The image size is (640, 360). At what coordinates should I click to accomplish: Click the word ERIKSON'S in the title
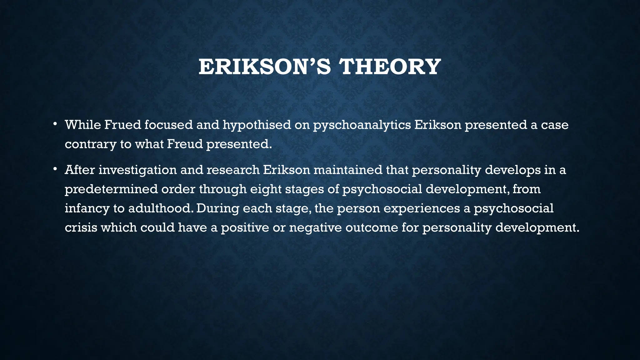point(264,67)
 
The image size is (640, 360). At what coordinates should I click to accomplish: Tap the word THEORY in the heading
point(390,67)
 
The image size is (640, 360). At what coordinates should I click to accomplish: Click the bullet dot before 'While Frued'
point(55,124)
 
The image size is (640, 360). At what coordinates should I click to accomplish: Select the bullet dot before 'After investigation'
point(55,169)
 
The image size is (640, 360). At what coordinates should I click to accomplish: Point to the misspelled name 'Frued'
point(122,125)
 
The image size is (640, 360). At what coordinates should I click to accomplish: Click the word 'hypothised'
point(257,125)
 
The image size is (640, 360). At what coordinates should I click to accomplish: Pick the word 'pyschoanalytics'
point(362,125)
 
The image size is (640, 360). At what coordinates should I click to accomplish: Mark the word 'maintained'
point(348,170)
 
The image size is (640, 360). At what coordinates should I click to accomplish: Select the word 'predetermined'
point(111,189)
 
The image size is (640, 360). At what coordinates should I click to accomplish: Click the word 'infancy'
point(87,208)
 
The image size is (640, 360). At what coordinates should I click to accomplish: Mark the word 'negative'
point(315,228)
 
